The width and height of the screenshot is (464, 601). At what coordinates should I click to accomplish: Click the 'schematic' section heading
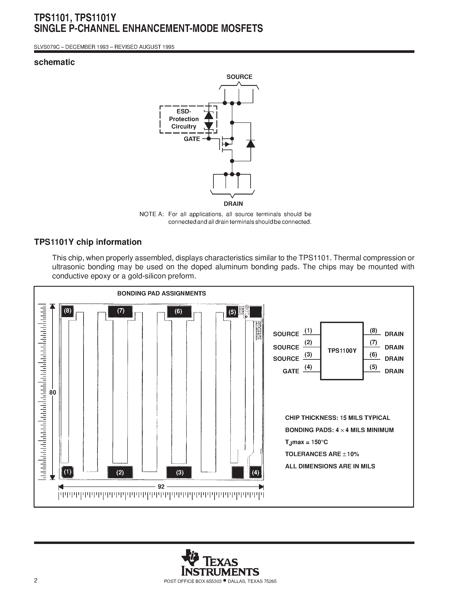pos(54,63)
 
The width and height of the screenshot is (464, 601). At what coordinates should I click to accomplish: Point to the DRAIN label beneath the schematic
pos(233,204)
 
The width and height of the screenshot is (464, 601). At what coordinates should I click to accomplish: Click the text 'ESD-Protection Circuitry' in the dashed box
pos(184,119)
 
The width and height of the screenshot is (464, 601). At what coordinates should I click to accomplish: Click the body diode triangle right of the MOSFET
pos(250,144)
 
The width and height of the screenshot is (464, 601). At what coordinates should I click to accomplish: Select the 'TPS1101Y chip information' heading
pos(88,242)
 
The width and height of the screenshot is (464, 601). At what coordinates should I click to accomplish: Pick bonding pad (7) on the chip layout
pos(120,311)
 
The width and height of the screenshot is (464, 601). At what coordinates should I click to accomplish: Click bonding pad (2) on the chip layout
pos(120,473)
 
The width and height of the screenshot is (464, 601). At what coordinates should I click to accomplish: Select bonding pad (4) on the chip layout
pos(255,473)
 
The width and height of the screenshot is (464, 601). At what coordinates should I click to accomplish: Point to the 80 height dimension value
pos(52,393)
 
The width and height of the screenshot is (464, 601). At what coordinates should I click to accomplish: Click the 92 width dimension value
pos(161,487)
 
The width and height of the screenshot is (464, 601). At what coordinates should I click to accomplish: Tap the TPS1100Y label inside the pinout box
pos(342,351)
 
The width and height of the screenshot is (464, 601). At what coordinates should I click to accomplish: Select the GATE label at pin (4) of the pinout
pos(291,371)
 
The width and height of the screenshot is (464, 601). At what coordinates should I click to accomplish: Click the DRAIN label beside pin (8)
pos(394,334)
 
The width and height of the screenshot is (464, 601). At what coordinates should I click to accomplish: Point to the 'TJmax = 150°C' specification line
pos(306,442)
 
